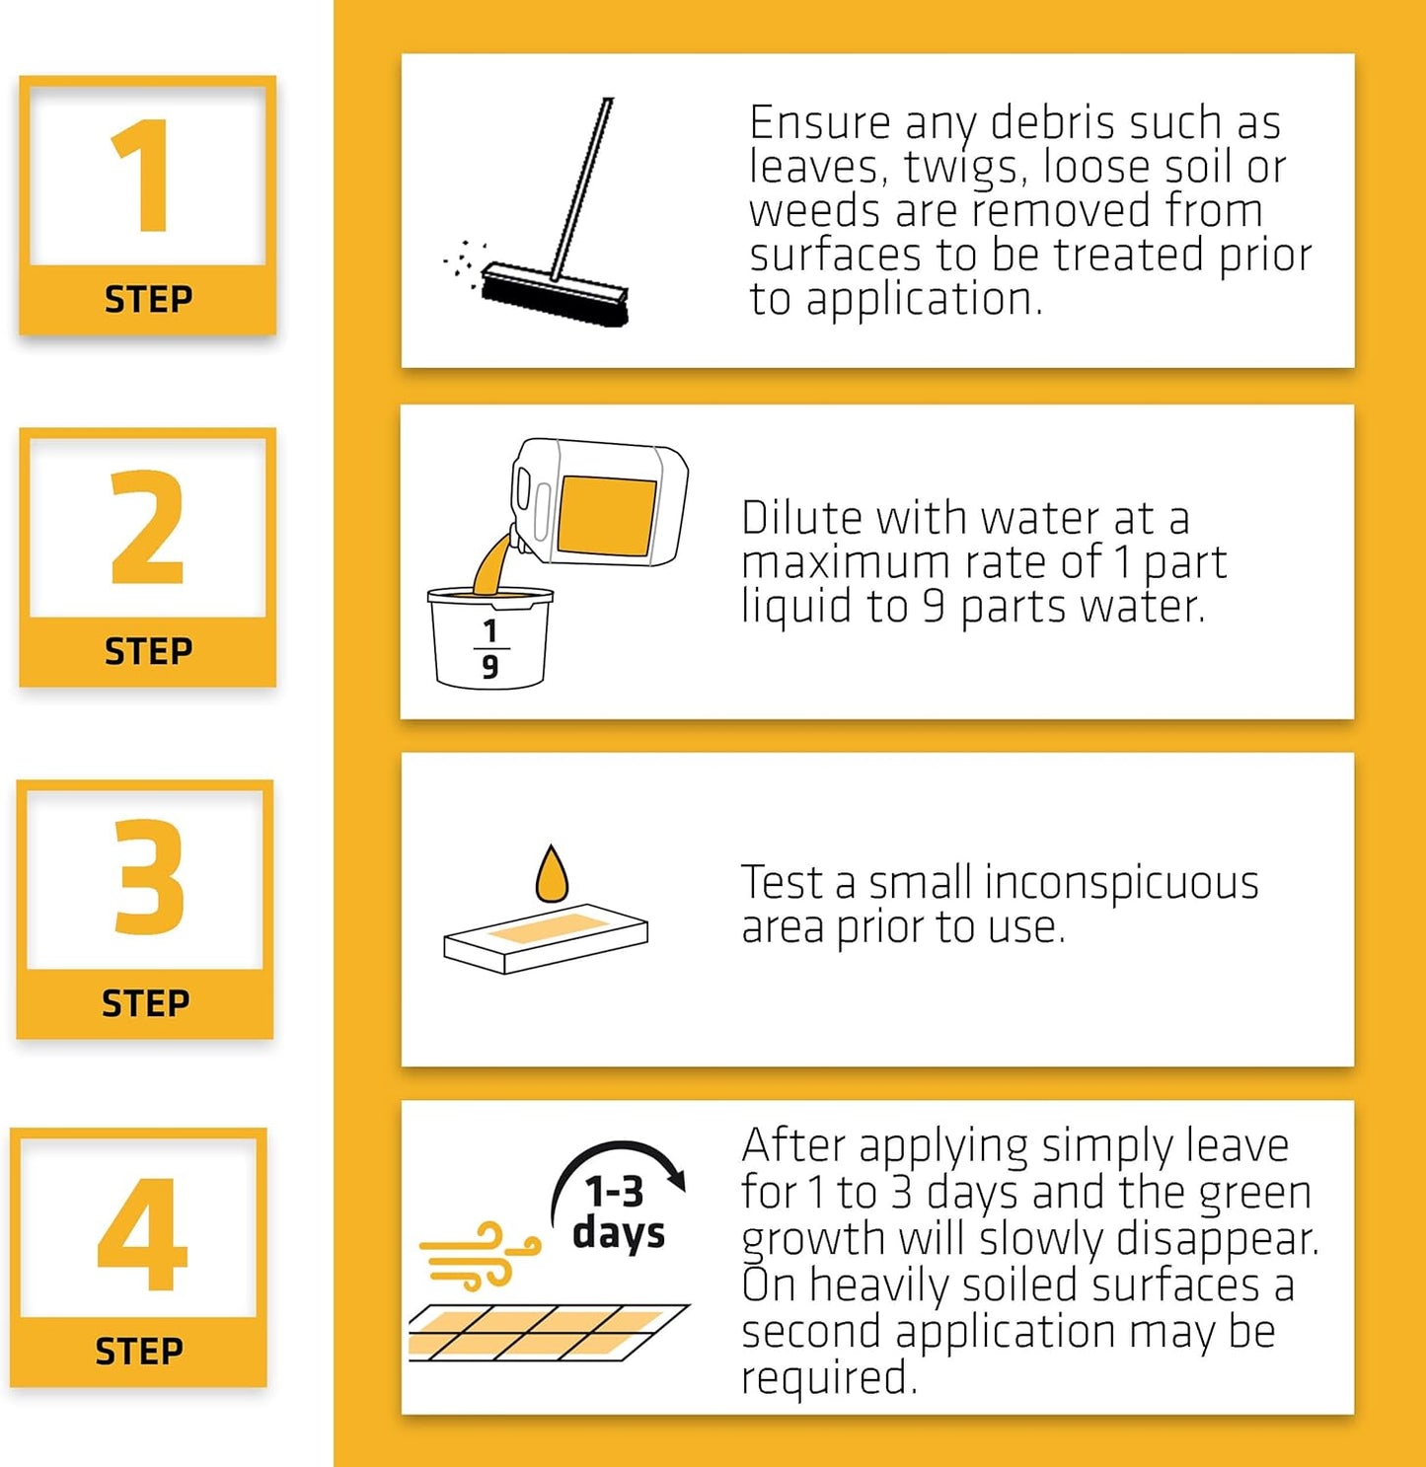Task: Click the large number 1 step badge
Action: [148, 205]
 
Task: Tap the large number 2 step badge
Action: [148, 557]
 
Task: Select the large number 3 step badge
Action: [145, 910]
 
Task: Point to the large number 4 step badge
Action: [139, 1258]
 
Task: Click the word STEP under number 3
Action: [145, 1003]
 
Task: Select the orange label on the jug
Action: [607, 516]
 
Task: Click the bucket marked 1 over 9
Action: [490, 637]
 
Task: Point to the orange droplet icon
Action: [552, 874]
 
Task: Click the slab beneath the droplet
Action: [546, 938]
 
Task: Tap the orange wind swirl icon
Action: [480, 1255]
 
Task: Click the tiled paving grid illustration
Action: [549, 1332]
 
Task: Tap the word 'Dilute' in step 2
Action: [801, 518]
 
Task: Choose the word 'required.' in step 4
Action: [830, 1378]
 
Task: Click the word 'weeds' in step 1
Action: [814, 210]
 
